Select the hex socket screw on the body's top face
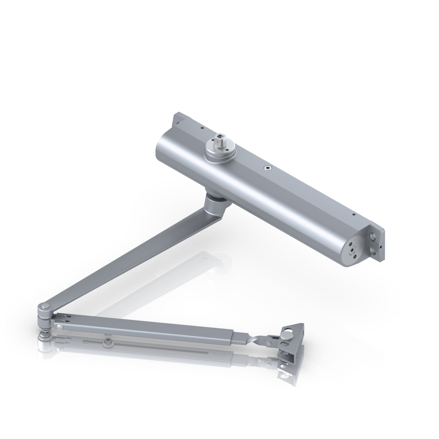(x=267, y=168)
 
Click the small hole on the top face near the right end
(x=354, y=215)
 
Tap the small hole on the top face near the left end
(x=202, y=127)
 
